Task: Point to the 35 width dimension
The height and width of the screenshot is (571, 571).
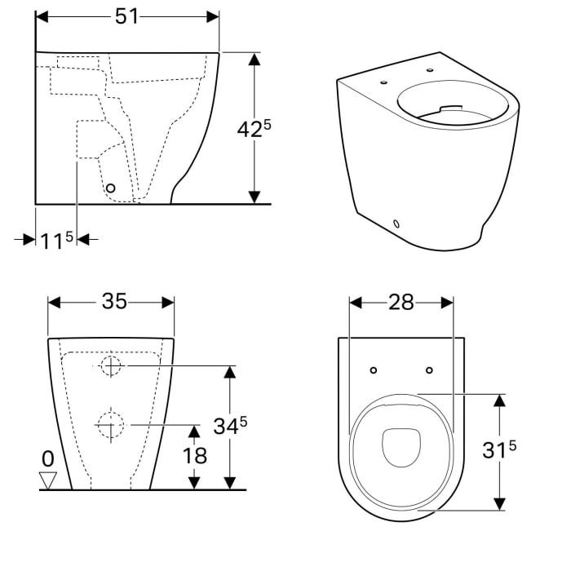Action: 113,302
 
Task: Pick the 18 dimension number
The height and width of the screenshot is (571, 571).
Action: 195,455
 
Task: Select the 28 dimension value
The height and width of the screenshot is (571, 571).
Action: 401,303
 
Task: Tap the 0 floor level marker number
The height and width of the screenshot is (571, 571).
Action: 48,458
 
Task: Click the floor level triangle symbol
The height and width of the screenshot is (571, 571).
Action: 49,480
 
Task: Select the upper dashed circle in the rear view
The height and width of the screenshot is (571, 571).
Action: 112,366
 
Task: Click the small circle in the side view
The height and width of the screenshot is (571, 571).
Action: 111,188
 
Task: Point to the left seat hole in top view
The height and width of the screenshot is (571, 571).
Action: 374,370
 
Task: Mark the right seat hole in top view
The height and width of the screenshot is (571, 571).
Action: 429,370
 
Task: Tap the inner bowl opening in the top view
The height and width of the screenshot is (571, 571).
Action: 401,446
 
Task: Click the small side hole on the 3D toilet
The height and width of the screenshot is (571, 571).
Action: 396,222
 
